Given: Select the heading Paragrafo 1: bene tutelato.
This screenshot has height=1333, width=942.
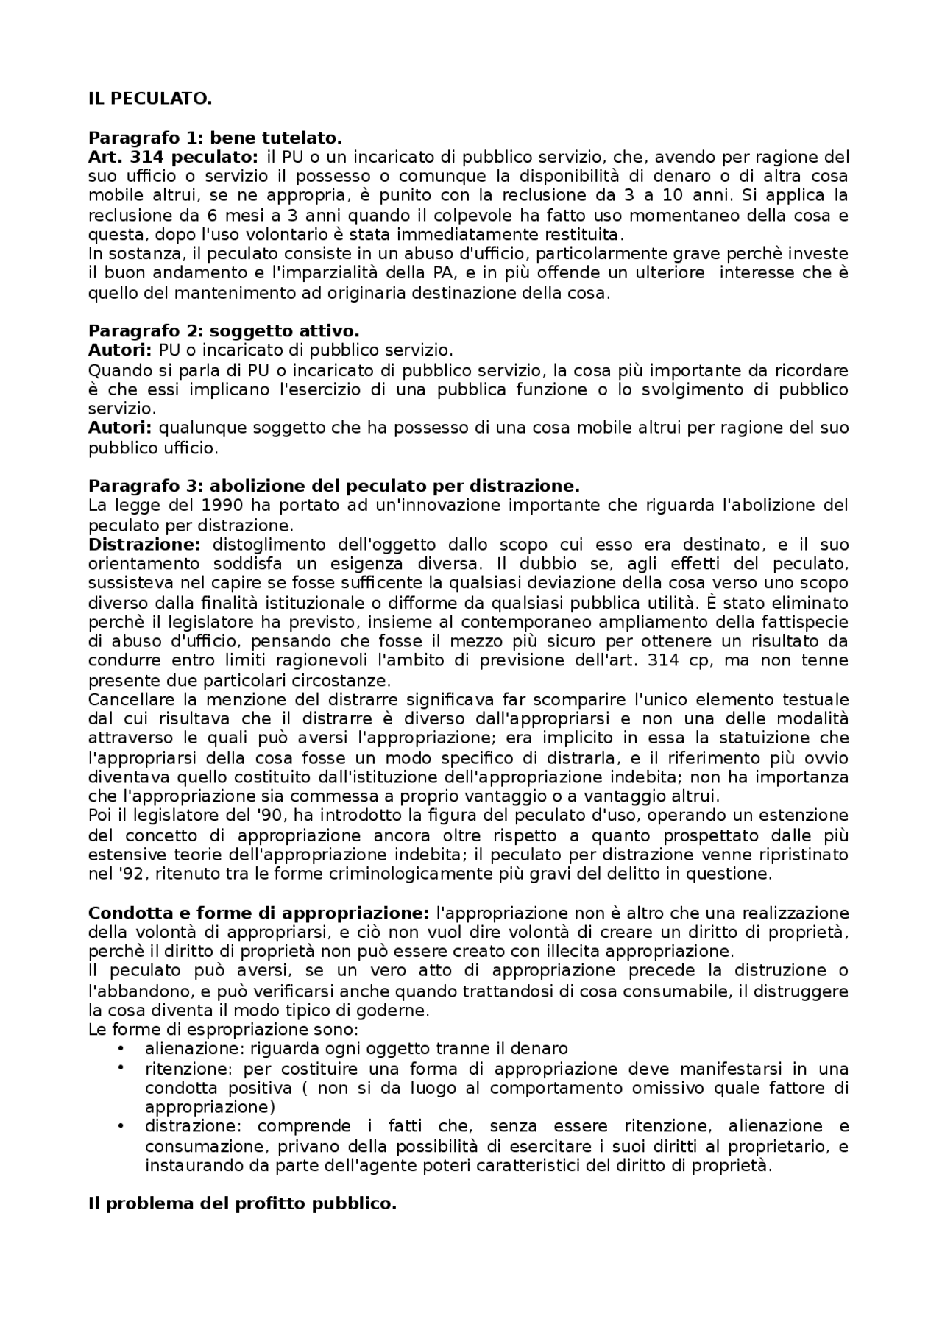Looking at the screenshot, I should coord(215,138).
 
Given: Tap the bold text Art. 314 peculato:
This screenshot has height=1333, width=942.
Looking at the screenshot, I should coord(173,157).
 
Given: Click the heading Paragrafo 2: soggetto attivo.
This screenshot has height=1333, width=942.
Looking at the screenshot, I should coord(224,330).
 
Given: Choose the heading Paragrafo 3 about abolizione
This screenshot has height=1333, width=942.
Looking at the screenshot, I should coord(333,486).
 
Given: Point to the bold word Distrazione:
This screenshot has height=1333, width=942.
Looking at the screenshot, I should coord(144,545).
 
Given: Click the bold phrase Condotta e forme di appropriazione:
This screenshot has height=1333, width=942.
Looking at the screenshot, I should coord(258,913).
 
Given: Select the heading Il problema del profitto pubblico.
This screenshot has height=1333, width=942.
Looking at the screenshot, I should coord(242,1204).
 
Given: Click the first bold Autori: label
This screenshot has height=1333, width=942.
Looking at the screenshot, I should coord(120,350).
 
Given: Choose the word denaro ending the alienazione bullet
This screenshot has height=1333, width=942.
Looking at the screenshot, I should coord(542,1049).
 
